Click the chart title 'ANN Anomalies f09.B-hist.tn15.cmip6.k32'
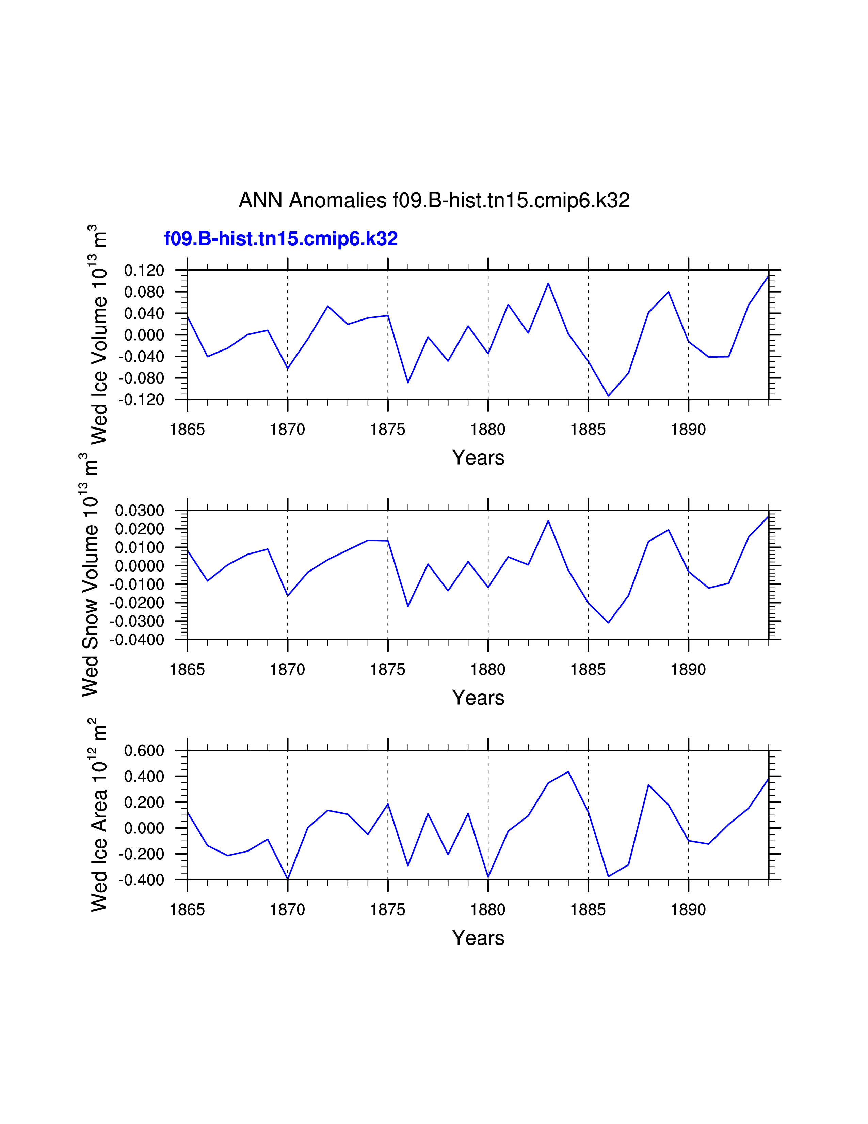(434, 200)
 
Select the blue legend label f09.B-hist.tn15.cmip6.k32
(281, 239)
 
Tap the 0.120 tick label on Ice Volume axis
(144, 270)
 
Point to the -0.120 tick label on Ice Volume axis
(141, 400)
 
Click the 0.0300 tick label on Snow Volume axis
(139, 511)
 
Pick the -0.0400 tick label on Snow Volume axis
(137, 640)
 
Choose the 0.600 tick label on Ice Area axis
(144, 751)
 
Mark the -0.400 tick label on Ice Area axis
(141, 880)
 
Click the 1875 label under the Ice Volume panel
(388, 429)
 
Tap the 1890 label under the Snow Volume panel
(688, 670)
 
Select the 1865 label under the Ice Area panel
(187, 910)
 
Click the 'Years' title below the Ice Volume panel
(478, 457)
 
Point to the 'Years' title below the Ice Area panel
(478, 938)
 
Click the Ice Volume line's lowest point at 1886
(608, 396)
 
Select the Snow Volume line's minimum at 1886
(608, 623)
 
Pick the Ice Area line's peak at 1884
(568, 771)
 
